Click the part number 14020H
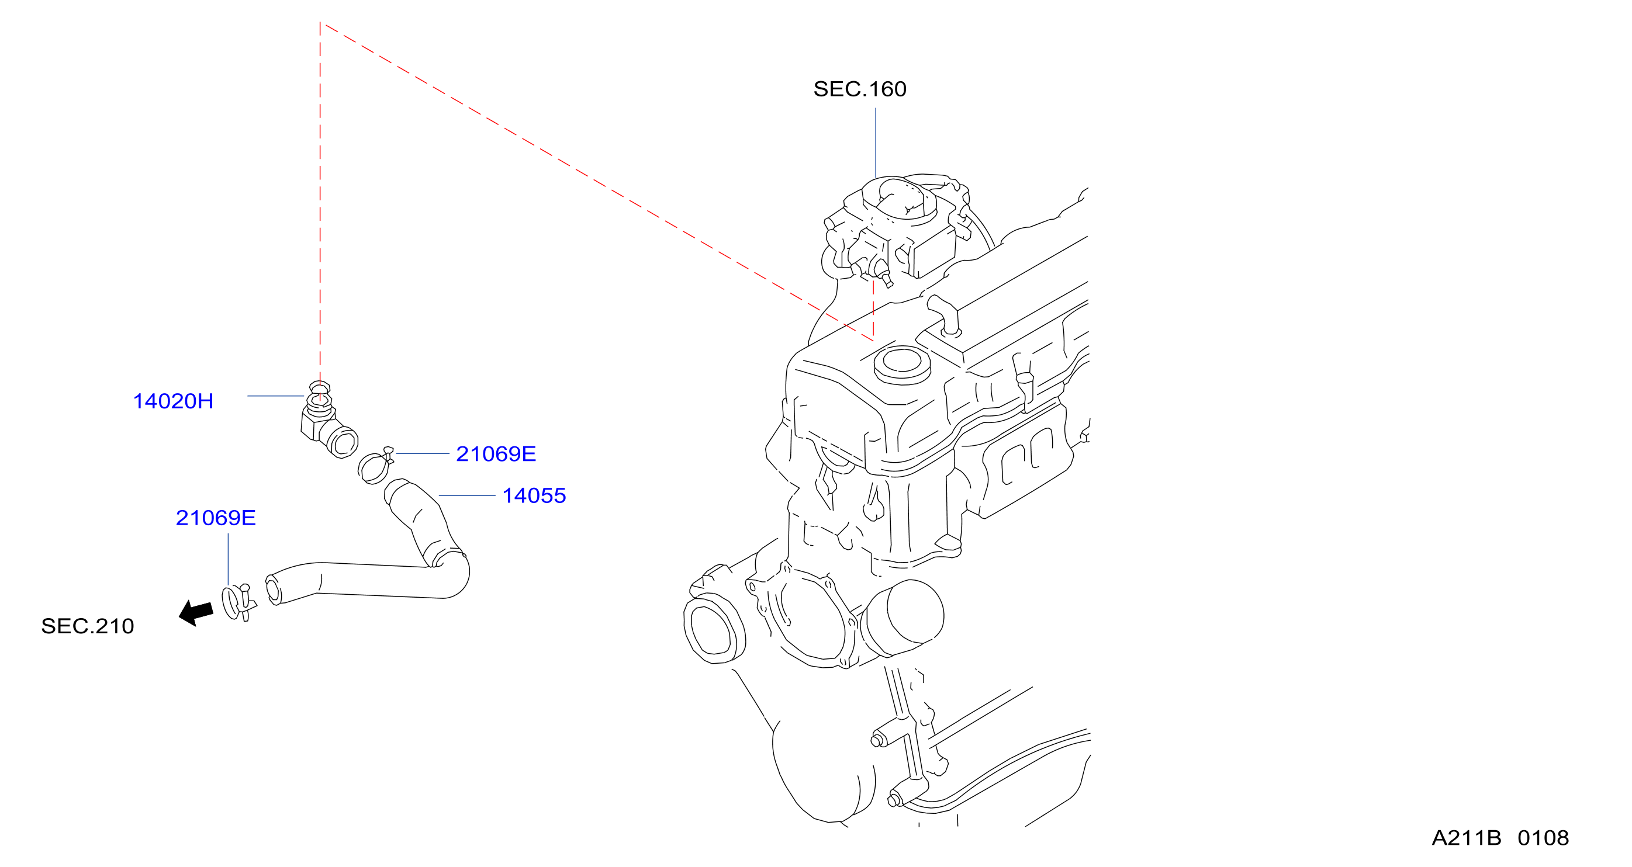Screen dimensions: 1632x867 coord(173,401)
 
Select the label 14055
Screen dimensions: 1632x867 coord(534,495)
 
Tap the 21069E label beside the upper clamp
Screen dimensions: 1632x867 coord(496,453)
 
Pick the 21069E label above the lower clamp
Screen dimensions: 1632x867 coord(216,518)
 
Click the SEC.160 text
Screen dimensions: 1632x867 coord(860,89)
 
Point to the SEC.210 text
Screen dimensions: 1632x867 coord(88,626)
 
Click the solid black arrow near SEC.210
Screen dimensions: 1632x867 coord(196,613)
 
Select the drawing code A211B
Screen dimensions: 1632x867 coord(1466,838)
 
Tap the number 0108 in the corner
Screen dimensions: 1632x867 coord(1543,838)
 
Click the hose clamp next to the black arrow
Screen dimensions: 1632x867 coord(238,603)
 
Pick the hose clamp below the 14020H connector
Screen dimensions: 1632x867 coord(375,466)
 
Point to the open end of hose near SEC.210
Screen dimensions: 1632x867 coord(273,589)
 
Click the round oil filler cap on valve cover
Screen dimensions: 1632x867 coord(902,364)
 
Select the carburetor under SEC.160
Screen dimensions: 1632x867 coord(897,228)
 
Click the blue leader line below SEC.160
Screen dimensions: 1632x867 coord(876,143)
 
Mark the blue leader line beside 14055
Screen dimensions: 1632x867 coord(467,496)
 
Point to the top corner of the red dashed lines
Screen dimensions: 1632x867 coord(320,23)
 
